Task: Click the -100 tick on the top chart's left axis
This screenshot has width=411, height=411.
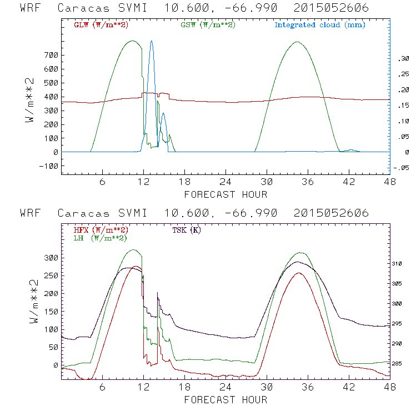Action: [x=49, y=166]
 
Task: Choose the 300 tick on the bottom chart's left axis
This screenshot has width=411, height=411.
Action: [x=51, y=258]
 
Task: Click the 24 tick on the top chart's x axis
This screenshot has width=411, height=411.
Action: [x=225, y=181]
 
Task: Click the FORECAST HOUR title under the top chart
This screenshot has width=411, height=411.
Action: [x=225, y=194]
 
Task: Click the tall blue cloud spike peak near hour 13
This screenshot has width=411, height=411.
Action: [x=152, y=42]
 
